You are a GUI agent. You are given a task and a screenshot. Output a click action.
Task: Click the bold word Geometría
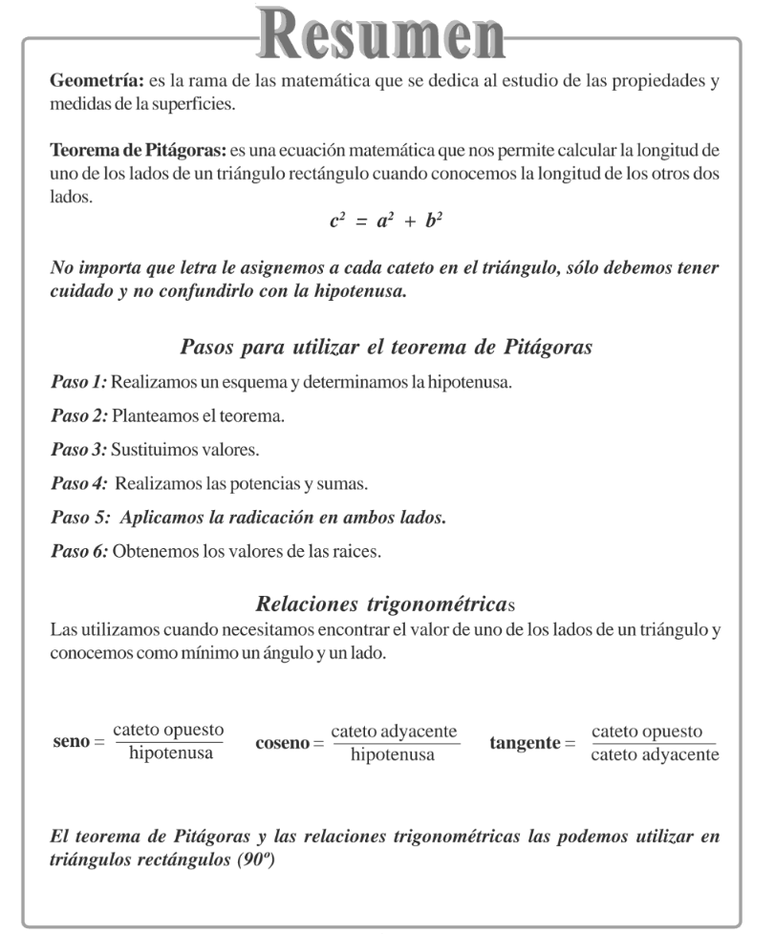(88, 82)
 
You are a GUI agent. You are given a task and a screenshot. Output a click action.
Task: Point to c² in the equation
(335, 220)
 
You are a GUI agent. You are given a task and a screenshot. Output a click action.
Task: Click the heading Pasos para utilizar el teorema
(385, 348)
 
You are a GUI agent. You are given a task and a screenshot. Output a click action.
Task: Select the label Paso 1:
(79, 382)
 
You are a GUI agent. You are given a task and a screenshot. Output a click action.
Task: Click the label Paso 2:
(79, 416)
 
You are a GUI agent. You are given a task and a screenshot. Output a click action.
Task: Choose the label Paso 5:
(79, 520)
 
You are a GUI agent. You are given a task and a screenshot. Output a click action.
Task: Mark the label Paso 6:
(79, 554)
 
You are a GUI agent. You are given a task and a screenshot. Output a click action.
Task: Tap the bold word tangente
(525, 743)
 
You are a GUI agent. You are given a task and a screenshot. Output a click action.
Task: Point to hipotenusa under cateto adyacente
(393, 755)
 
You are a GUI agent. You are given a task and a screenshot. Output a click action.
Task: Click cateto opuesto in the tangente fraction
(648, 732)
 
